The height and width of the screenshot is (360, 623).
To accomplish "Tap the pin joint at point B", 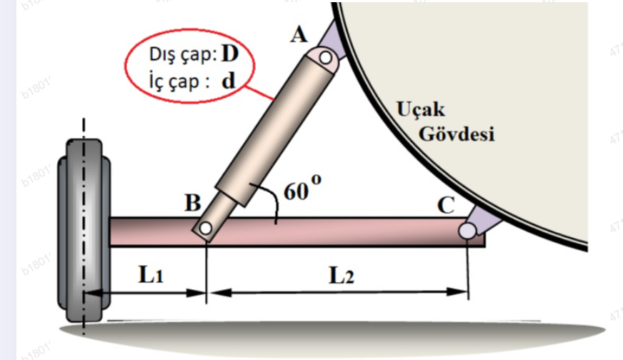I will pos(205,229).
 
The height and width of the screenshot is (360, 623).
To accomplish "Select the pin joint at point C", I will pos(467,230).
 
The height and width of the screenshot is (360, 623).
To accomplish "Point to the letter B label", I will pos(192,204).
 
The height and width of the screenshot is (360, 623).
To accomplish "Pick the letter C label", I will pos(447,206).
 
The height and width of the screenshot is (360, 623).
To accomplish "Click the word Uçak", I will pos(420,110).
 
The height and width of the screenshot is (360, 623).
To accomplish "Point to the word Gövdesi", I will pos(457,133).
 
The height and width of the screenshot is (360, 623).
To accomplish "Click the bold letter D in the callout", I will pos(229,54).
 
